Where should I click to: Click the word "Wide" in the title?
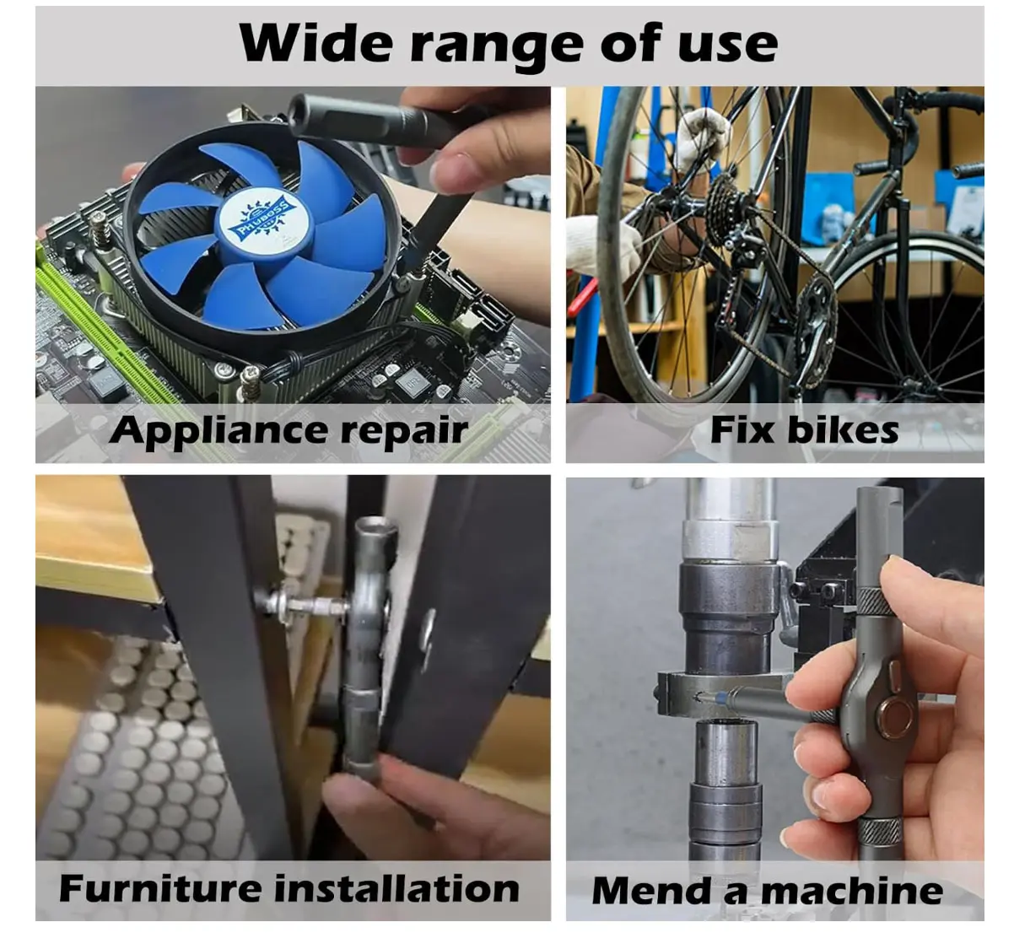[316, 44]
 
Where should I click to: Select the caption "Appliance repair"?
[289, 430]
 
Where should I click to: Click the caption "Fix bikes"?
[804, 430]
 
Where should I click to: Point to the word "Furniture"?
[159, 888]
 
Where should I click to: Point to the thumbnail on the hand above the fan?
[452, 172]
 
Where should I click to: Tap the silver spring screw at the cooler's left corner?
[99, 227]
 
